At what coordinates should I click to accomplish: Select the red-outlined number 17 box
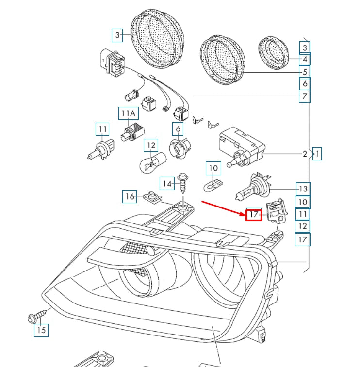pyautogui.click(x=254, y=214)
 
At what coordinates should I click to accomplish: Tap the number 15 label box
pyautogui.click(x=41, y=330)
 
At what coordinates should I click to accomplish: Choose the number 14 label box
pyautogui.click(x=167, y=183)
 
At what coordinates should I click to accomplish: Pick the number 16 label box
pyautogui.click(x=129, y=196)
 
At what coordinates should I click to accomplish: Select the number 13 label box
pyautogui.click(x=303, y=189)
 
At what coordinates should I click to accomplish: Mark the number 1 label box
pyautogui.click(x=317, y=154)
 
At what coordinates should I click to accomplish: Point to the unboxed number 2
pyautogui.click(x=305, y=154)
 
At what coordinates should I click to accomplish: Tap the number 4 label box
pyautogui.click(x=304, y=60)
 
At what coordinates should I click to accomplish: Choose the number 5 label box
pyautogui.click(x=304, y=72)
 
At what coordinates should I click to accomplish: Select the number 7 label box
pyautogui.click(x=304, y=96)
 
